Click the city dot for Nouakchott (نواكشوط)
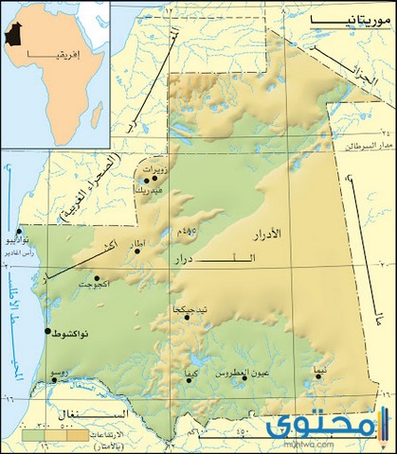coord(48,331)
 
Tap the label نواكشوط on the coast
coord(74,336)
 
